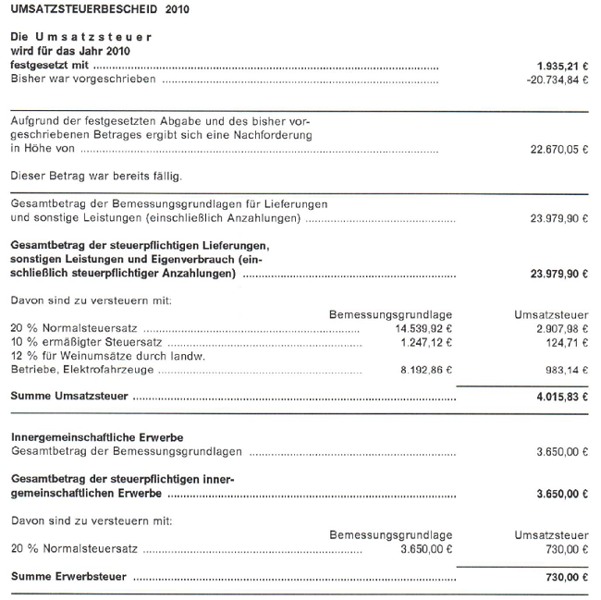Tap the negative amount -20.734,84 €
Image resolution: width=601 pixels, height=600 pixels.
pyautogui.click(x=555, y=80)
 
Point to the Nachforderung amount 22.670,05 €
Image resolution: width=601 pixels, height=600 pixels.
pyautogui.click(x=558, y=149)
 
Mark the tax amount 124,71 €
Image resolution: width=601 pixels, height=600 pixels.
pyautogui.click(x=567, y=342)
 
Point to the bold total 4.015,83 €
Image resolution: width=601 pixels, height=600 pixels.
pyautogui.click(x=561, y=397)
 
